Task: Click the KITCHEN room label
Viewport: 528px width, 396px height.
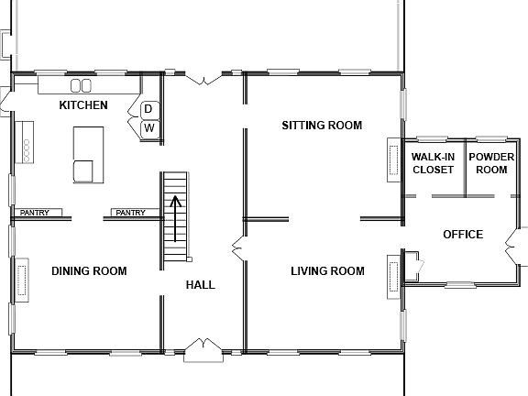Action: click(x=83, y=105)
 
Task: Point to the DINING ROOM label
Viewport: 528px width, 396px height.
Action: click(x=89, y=270)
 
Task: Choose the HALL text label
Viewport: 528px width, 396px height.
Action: click(x=200, y=285)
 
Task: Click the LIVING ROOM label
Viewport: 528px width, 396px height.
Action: click(x=327, y=270)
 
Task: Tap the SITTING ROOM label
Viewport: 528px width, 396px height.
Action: click(x=322, y=126)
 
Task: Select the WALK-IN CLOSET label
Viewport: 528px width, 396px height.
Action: click(x=432, y=163)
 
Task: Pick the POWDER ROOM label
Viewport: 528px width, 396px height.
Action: click(x=488, y=163)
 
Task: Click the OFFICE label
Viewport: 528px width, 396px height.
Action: click(x=463, y=235)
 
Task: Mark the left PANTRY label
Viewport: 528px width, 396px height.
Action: click(x=35, y=213)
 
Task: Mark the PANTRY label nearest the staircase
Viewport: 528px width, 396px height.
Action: click(x=130, y=213)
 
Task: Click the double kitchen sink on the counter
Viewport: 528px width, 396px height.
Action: click(x=81, y=85)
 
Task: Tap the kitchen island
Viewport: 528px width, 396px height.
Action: click(x=88, y=153)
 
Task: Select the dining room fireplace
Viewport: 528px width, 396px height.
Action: click(x=20, y=281)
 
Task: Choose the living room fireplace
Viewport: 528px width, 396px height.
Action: click(x=394, y=273)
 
